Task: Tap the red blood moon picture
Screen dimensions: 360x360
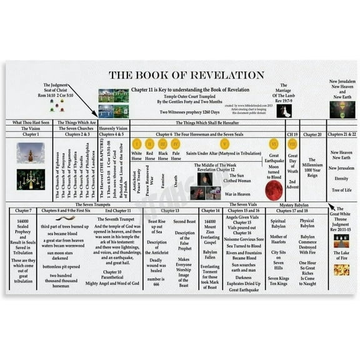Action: [x=273, y=190]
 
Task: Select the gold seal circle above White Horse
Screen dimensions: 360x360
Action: [x=137, y=144]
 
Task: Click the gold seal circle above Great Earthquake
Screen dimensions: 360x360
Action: [x=273, y=144]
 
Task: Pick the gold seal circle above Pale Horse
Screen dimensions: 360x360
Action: [x=176, y=144]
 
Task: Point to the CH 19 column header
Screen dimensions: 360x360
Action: [x=292, y=134]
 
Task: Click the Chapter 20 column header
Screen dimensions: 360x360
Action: [x=312, y=134]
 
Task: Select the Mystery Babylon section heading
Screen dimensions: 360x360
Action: [x=294, y=204]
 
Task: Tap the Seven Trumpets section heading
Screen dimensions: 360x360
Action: [x=92, y=204]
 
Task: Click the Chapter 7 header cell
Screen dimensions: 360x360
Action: [x=23, y=211]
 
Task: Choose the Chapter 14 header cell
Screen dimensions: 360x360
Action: [x=210, y=211]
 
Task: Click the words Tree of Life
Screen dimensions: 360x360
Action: [x=341, y=190]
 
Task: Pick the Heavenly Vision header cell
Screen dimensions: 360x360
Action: [x=114, y=128]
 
